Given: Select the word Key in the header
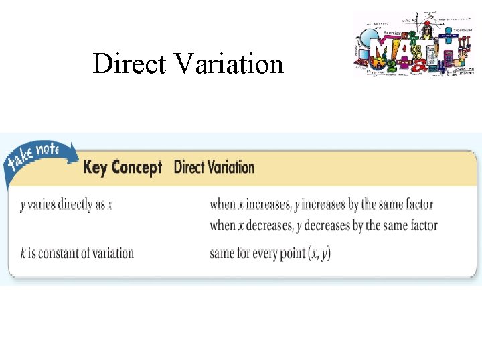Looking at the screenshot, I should tap(95, 167).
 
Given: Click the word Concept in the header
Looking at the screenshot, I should tap(136, 167).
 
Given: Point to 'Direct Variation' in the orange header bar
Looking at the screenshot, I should tap(214, 167).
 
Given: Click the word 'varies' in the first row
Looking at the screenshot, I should tap(42, 204).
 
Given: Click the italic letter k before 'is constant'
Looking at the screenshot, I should tap(23, 253).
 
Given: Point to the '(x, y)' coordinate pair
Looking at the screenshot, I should tap(319, 253).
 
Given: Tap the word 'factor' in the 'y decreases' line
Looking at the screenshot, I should tap(422, 225).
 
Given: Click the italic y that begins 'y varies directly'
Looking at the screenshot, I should tap(22, 205).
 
